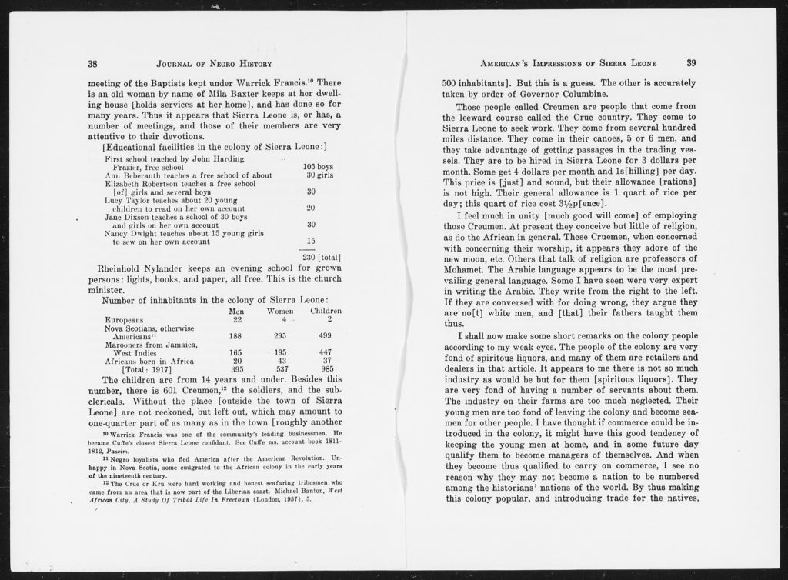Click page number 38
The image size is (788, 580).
92,64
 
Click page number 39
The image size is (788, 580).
691,63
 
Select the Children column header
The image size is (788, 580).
326,311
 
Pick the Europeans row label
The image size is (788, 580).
124,320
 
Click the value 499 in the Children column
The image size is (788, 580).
326,336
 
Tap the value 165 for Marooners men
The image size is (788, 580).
236,352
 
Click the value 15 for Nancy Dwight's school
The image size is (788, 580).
311,241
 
